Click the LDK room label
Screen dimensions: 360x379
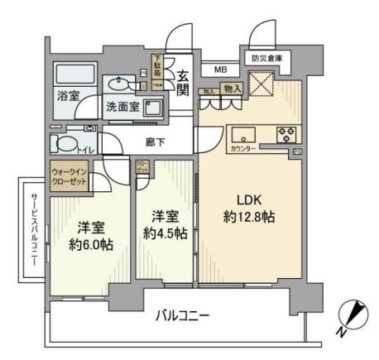coord(251,200)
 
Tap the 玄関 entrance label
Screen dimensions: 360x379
coord(183,82)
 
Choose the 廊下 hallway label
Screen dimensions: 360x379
coord(155,143)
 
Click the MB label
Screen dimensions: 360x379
coord(221,70)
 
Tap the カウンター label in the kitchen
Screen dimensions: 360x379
coord(242,148)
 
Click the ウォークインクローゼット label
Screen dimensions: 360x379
coord(70,180)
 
